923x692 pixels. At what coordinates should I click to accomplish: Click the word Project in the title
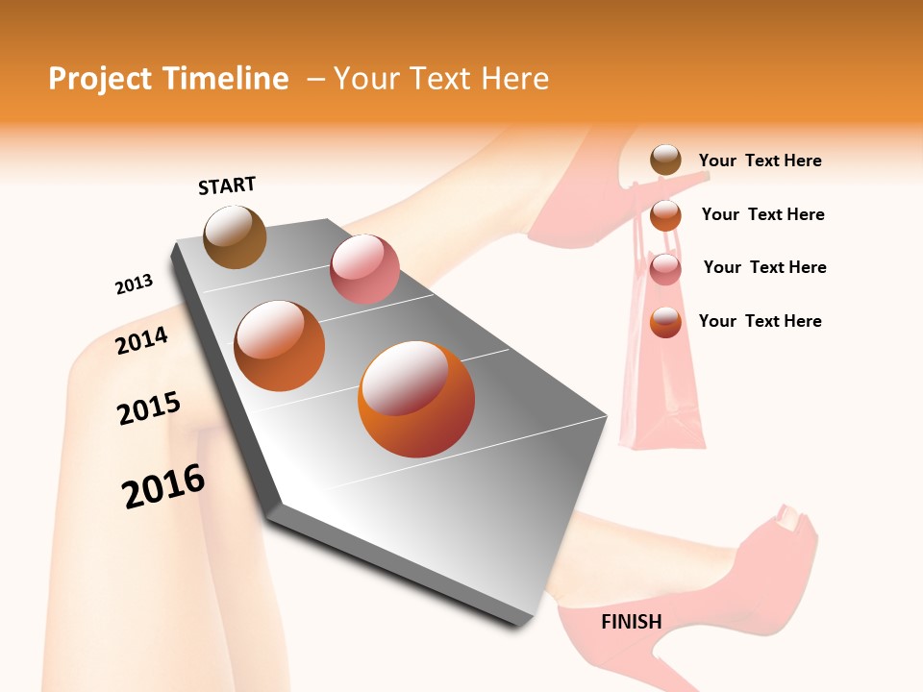click(x=97, y=79)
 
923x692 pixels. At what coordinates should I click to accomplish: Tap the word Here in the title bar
click(x=514, y=79)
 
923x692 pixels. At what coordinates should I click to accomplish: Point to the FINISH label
click(x=631, y=622)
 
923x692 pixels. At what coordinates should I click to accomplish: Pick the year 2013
click(x=134, y=284)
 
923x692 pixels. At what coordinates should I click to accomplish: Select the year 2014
click(x=141, y=340)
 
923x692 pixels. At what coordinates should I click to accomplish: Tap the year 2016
click(x=163, y=486)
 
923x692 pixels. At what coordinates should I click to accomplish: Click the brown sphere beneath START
click(x=235, y=236)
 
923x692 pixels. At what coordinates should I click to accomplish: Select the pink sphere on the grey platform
click(x=364, y=269)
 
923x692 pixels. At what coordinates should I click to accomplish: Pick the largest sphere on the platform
click(x=416, y=399)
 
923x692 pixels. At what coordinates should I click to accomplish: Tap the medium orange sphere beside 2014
click(x=280, y=346)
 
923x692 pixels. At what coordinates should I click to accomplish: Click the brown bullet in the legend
click(x=665, y=161)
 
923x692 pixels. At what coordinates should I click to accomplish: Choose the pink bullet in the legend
click(x=665, y=269)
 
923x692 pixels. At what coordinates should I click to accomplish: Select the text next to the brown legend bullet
click(x=760, y=161)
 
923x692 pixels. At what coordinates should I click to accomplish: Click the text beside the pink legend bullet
click(x=764, y=267)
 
